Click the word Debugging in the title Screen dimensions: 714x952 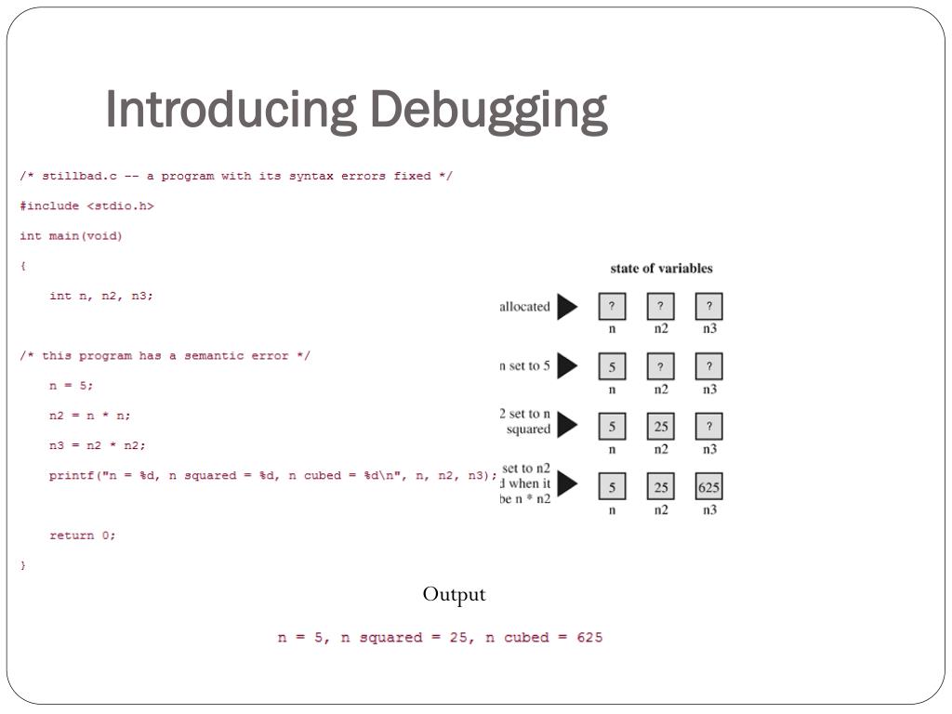[x=488, y=111]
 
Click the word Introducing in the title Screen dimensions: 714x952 [x=231, y=109]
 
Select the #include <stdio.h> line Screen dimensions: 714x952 [x=86, y=206]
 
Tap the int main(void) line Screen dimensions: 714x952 [x=71, y=236]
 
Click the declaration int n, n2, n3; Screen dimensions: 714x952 [x=101, y=296]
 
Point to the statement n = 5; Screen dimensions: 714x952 [x=72, y=386]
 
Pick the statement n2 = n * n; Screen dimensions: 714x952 [x=90, y=416]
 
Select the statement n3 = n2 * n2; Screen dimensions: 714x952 [x=98, y=445]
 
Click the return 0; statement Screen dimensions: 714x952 [x=83, y=535]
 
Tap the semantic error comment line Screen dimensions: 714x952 [x=165, y=356]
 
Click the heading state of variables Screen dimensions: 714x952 [x=661, y=269]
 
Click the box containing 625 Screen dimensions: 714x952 [x=709, y=487]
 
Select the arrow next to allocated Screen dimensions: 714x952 [x=567, y=307]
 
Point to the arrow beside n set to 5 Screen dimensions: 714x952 [x=567, y=366]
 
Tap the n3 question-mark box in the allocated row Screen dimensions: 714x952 [x=709, y=307]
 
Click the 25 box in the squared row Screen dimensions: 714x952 [x=661, y=427]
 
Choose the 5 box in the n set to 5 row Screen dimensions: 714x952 [x=612, y=366]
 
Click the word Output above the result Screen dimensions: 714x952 [x=455, y=594]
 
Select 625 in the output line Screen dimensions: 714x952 [x=583, y=638]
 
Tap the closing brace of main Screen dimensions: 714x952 [x=23, y=565]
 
